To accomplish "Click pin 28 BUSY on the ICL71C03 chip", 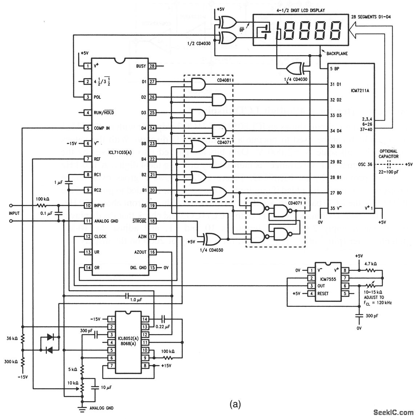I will pyautogui.click(x=152, y=66).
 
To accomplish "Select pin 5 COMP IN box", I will pyautogui.click(x=87, y=128).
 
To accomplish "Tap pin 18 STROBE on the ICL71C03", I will pyautogui.click(x=152, y=221).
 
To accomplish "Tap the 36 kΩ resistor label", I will pyautogui.click(x=11, y=339).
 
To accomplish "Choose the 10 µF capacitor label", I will pyautogui.click(x=106, y=387).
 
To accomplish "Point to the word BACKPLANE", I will pyautogui.click(x=337, y=53).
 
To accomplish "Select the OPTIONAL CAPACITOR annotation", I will pyautogui.click(x=388, y=154).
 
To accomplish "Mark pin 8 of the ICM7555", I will pyautogui.click(x=344, y=270).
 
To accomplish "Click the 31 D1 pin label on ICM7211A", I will pyautogui.click(x=335, y=85).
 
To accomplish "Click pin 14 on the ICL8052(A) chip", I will pyautogui.click(x=145, y=319).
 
